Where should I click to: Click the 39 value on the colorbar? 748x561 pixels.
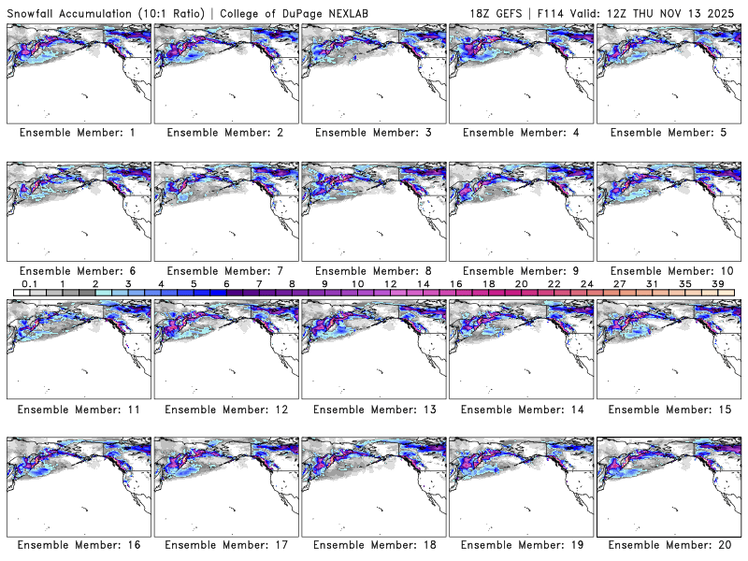click(718, 283)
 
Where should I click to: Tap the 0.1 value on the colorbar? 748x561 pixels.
click(29, 283)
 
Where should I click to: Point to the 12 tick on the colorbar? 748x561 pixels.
click(390, 283)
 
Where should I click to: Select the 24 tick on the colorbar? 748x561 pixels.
click(587, 283)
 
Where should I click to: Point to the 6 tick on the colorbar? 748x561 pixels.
click(226, 283)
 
